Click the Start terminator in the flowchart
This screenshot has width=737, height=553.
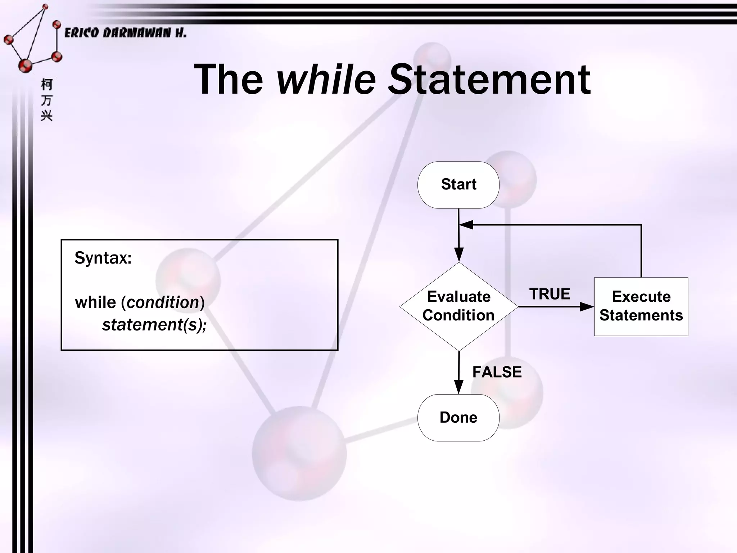click(x=458, y=185)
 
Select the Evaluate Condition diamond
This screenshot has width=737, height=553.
click(x=458, y=306)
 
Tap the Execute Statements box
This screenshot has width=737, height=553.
click(x=641, y=306)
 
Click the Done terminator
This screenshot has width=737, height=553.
click(x=458, y=418)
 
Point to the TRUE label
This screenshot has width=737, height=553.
click(x=550, y=294)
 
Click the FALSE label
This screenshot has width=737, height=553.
click(x=497, y=372)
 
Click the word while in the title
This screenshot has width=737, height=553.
click(x=326, y=79)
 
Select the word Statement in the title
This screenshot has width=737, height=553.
click(x=489, y=79)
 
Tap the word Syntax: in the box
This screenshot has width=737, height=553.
click(x=103, y=258)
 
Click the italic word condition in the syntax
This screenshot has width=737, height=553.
click(x=163, y=302)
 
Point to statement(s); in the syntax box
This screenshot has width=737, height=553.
click(x=154, y=325)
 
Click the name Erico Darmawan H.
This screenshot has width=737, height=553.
click(x=125, y=33)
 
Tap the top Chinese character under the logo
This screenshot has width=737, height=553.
click(x=46, y=85)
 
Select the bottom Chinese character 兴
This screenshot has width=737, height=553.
click(x=46, y=116)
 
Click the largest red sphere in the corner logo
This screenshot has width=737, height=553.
click(x=25, y=66)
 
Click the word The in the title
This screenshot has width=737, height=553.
click(x=229, y=79)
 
